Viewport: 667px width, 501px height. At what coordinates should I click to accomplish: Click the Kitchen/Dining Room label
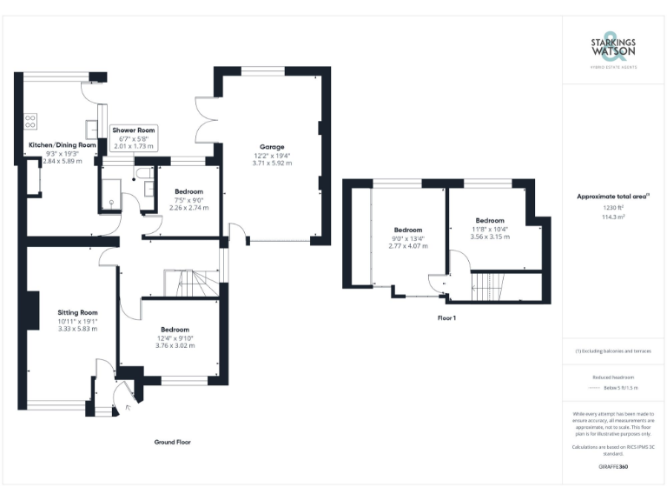[62, 145]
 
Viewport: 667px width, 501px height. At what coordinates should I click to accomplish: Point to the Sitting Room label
[77, 312]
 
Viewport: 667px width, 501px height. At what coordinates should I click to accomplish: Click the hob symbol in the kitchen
[31, 122]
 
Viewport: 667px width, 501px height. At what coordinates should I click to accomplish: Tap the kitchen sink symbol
[91, 124]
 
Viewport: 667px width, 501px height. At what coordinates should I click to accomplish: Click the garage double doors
[205, 119]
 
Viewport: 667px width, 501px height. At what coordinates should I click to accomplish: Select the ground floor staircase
[189, 283]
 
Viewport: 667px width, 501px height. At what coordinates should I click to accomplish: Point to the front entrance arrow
[129, 405]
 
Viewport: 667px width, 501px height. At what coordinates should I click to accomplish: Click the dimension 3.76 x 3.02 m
[175, 346]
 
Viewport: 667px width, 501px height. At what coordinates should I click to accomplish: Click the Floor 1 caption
[446, 318]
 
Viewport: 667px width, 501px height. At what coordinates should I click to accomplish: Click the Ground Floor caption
[172, 442]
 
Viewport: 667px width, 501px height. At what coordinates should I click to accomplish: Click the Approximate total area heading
[613, 197]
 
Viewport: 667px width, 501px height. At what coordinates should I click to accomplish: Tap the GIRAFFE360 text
[613, 467]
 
